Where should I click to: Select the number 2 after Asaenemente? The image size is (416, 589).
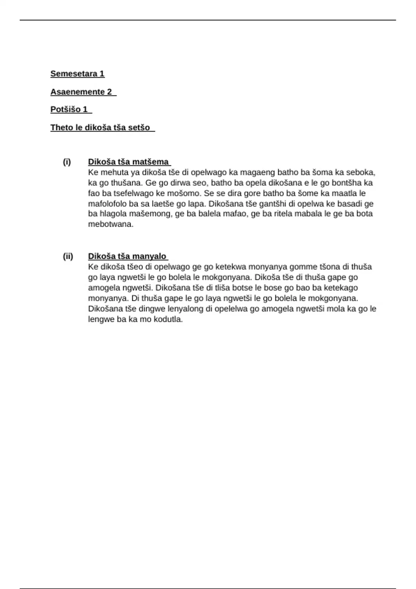pos(109,92)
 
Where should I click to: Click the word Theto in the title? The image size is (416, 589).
pos(59,128)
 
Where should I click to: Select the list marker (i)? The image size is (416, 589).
pos(67,162)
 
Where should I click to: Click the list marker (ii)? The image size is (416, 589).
pos(68,256)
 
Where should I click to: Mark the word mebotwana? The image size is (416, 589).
pos(111,224)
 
